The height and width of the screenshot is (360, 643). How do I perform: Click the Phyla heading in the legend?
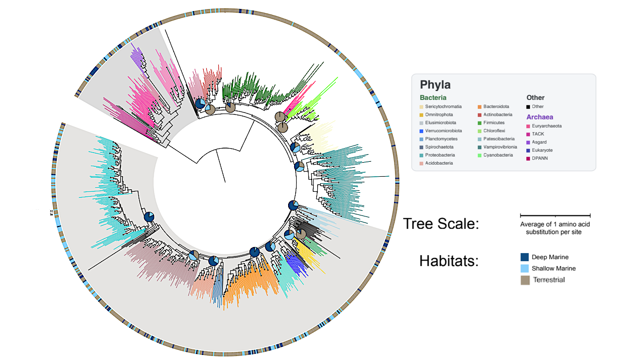pyautogui.click(x=435, y=85)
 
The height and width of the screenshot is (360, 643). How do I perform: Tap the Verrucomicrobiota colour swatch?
pyautogui.click(x=422, y=131)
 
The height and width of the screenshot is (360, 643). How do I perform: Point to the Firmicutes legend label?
pyautogui.click(x=494, y=123)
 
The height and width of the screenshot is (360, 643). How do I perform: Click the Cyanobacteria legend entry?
pyautogui.click(x=498, y=155)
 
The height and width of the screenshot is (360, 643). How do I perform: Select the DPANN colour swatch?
pyautogui.click(x=529, y=159)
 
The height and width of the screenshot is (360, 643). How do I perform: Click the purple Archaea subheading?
pyautogui.click(x=540, y=117)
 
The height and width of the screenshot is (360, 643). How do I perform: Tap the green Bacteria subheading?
pyautogui.click(x=433, y=97)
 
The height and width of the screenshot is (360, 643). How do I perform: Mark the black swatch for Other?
pyautogui.click(x=529, y=106)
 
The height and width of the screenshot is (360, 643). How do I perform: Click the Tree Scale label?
pyautogui.click(x=441, y=223)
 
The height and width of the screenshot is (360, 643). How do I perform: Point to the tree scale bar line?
pyautogui.click(x=555, y=215)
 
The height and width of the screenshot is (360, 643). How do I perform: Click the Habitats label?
pyautogui.click(x=449, y=261)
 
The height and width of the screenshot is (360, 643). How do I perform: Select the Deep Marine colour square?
pyautogui.click(x=525, y=257)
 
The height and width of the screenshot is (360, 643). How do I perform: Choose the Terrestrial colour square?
pyautogui.click(x=525, y=280)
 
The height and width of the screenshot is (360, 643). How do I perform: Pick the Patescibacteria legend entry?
pyautogui.click(x=499, y=139)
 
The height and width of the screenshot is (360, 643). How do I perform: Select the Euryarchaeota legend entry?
pyautogui.click(x=546, y=126)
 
